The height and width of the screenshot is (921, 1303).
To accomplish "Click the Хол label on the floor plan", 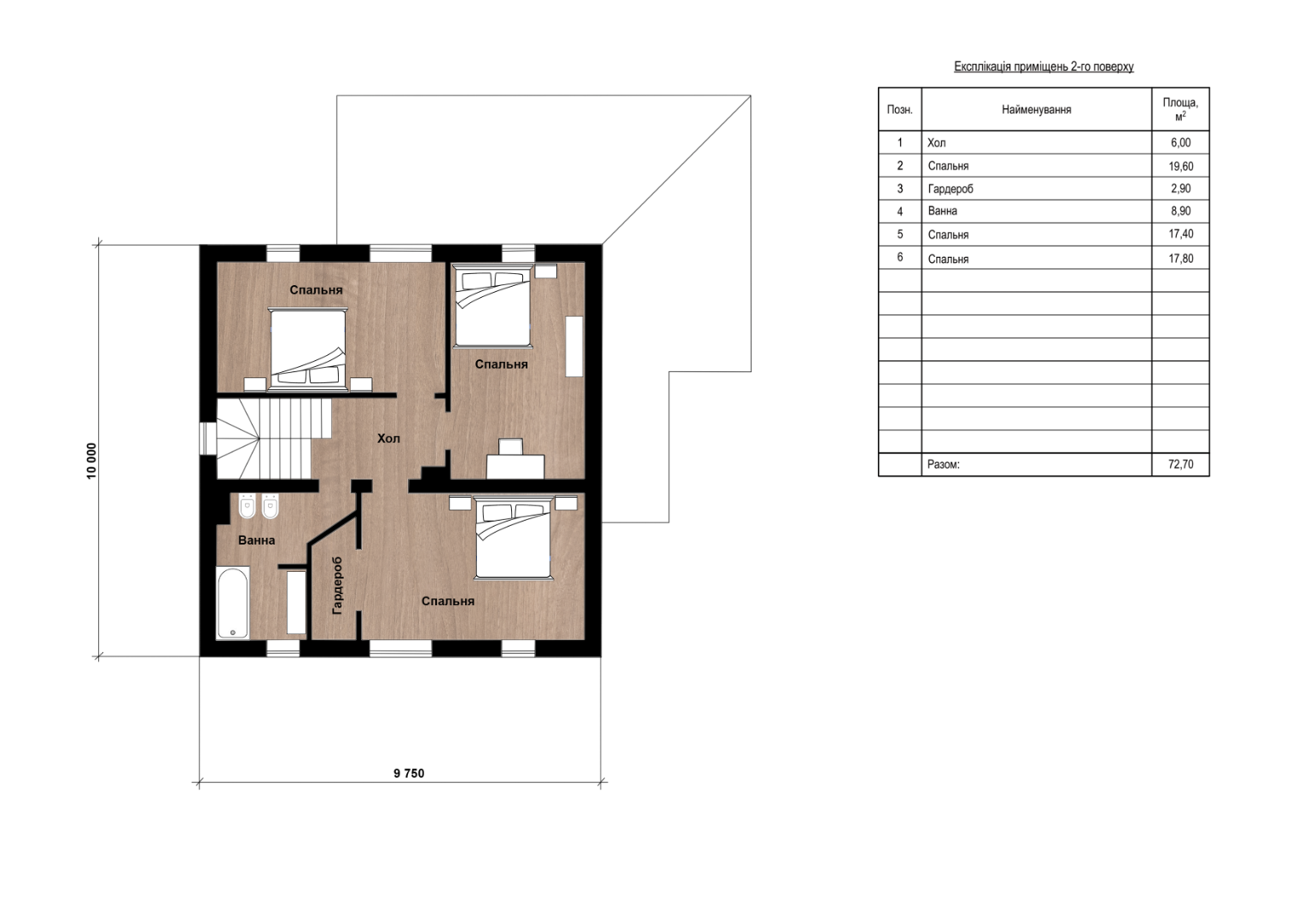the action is pyautogui.click(x=388, y=438).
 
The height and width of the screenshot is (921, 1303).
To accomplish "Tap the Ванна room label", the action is pyautogui.click(x=257, y=540).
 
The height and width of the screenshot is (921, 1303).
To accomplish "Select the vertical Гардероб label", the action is pyautogui.click(x=337, y=586).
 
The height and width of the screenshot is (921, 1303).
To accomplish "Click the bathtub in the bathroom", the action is pyautogui.click(x=233, y=602).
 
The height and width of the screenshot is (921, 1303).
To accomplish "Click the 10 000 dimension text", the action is pyautogui.click(x=91, y=461).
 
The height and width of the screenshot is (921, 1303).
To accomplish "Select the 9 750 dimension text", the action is pyautogui.click(x=409, y=773).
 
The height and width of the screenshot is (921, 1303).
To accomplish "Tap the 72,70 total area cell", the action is pyautogui.click(x=1181, y=464).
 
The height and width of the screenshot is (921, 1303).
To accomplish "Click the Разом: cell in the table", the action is pyautogui.click(x=944, y=464).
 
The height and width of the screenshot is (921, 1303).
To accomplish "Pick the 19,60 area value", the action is pyautogui.click(x=1181, y=166).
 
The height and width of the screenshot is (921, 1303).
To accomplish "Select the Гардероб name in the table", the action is pyautogui.click(x=951, y=189).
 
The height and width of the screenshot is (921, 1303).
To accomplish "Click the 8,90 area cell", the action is pyautogui.click(x=1181, y=211).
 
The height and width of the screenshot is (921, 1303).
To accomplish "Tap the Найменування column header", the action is pyautogui.click(x=1037, y=109).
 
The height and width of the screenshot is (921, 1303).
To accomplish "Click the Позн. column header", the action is pyautogui.click(x=900, y=109).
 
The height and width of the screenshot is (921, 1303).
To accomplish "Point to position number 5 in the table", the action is pyautogui.click(x=900, y=235).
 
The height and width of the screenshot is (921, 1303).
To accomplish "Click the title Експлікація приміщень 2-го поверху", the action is pyautogui.click(x=1044, y=67).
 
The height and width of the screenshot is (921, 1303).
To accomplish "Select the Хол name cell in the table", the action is pyautogui.click(x=937, y=143).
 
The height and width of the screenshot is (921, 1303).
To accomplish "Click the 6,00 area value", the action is pyautogui.click(x=1181, y=143).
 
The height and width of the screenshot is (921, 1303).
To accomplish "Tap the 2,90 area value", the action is pyautogui.click(x=1181, y=189).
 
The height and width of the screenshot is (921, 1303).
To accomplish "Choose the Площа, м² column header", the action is pyautogui.click(x=1180, y=108).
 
